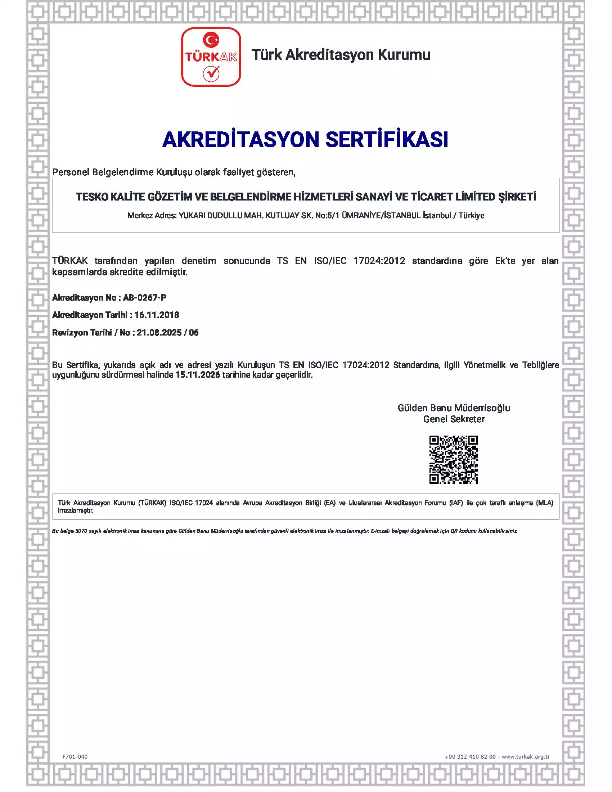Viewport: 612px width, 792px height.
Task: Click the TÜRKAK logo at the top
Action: [211, 57]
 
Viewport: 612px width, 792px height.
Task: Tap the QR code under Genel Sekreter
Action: [453, 459]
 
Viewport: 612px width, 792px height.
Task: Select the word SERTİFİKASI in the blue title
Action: [387, 140]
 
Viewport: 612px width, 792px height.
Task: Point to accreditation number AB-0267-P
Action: [145, 298]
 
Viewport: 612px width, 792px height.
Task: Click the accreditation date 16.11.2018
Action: [157, 315]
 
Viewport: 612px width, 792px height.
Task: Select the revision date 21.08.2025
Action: [159, 333]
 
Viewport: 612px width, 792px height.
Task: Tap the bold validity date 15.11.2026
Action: [198, 375]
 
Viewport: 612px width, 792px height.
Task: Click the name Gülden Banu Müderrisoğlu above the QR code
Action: [454, 408]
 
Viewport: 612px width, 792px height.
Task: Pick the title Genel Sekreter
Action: [454, 419]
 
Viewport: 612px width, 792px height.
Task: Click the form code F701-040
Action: [75, 757]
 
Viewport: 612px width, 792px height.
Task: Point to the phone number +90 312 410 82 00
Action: [470, 757]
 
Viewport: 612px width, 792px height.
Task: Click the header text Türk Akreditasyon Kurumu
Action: [341, 55]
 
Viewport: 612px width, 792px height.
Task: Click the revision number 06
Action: [194, 333]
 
